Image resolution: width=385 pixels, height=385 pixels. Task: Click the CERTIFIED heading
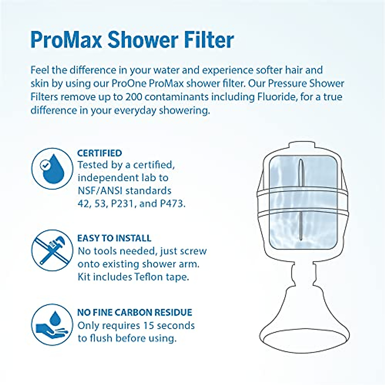pos(99,153)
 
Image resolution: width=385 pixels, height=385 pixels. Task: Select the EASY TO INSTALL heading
pos(114,238)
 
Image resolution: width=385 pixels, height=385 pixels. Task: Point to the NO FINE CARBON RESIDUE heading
pos(135,312)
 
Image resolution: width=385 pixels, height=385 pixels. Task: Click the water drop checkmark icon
pos(52,168)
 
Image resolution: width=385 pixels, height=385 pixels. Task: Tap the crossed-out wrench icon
pos(52,250)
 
